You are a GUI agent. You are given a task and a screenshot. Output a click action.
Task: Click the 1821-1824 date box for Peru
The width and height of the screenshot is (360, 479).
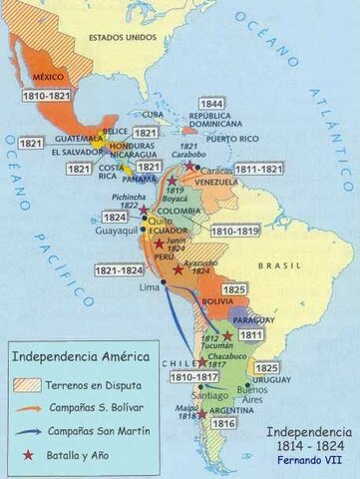115,270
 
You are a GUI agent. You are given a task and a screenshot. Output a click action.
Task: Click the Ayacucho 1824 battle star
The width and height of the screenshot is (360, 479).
178,269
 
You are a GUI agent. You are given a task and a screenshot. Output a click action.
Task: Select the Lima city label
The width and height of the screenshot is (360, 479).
149,286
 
